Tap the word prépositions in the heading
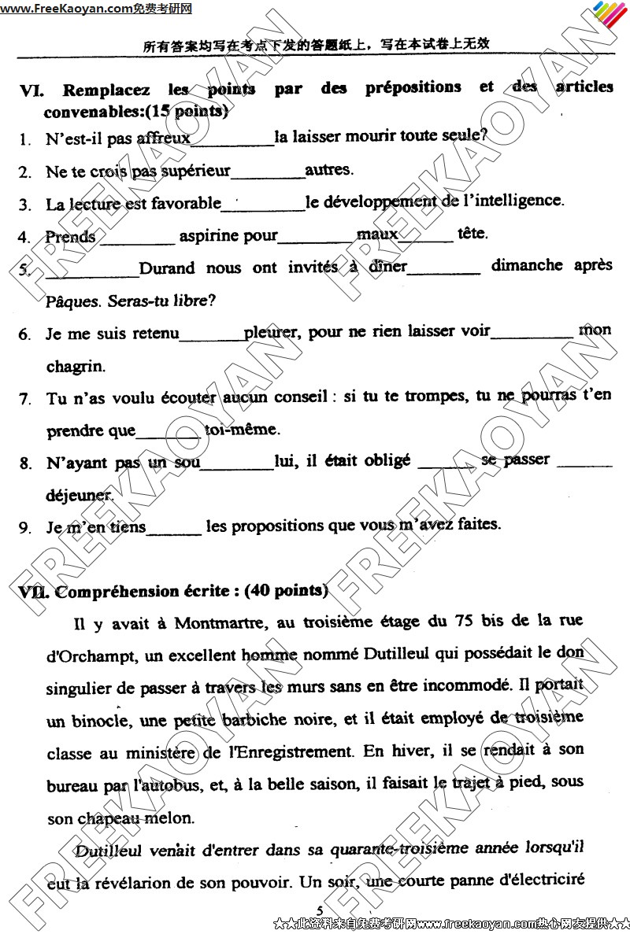pos(413,87)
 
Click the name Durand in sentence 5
pos(167,268)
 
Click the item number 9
pos(24,527)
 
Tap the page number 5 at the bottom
pos(320,910)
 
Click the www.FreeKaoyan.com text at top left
pos(66,9)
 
